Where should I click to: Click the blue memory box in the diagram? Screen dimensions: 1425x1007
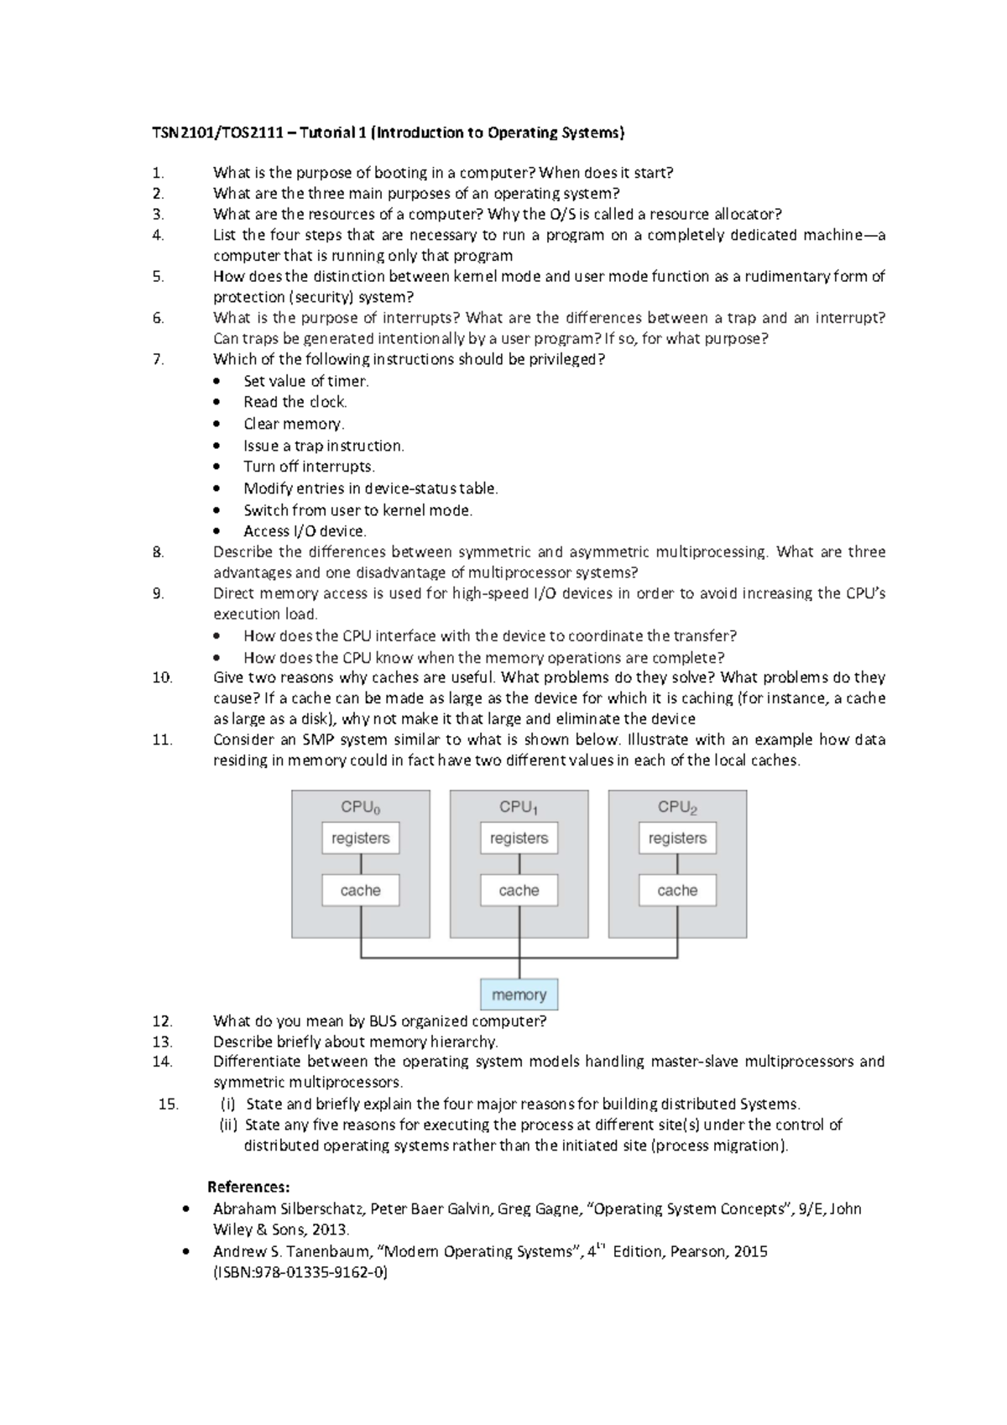coord(519,994)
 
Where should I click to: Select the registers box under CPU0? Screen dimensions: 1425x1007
coord(360,838)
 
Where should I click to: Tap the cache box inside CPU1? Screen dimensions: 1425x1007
coord(519,890)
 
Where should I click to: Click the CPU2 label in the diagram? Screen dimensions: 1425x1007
coord(677,807)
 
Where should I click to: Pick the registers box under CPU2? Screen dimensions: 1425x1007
coord(677,838)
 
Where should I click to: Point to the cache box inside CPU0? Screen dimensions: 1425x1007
coord(360,890)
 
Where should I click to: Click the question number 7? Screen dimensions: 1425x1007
coord(158,359)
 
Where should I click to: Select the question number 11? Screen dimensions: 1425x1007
coord(162,739)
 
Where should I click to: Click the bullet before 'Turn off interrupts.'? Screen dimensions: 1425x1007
coord(218,467)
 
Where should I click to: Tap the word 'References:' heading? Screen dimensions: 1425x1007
coord(248,1187)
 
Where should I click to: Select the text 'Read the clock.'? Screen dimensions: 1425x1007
coord(295,402)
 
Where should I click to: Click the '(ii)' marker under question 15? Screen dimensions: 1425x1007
coord(228,1125)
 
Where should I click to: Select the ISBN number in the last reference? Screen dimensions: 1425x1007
coord(300,1272)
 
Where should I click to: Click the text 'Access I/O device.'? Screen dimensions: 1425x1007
coord(305,531)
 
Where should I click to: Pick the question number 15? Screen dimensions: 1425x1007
coord(168,1104)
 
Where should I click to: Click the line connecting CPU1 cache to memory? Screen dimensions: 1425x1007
coord(519,940)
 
